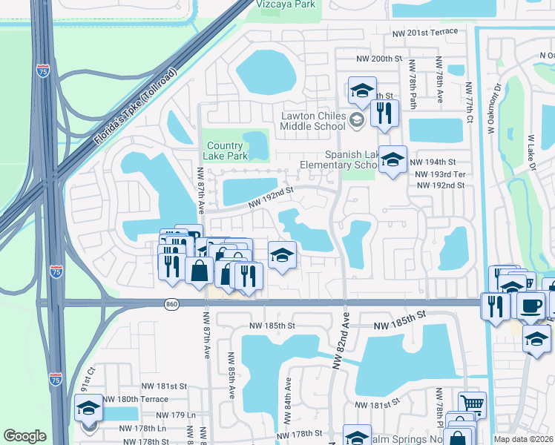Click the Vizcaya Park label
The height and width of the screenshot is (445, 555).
click(286, 4)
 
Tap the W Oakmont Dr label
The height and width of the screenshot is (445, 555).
click(491, 108)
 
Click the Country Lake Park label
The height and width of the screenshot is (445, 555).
click(225, 151)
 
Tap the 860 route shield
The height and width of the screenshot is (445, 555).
click(172, 303)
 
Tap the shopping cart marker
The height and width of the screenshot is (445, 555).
click(472, 404)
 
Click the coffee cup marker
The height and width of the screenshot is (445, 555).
click(531, 305)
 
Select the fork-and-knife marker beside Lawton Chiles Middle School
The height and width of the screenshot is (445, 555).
click(384, 113)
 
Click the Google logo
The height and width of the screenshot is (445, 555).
click(24, 436)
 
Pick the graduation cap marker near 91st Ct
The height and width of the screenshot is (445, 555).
click(89, 409)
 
